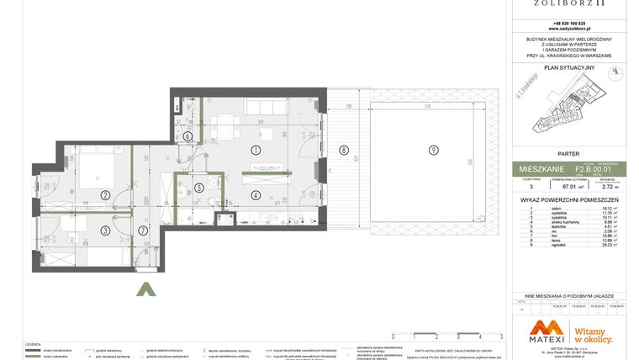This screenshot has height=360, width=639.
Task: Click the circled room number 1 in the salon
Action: [x=255, y=149]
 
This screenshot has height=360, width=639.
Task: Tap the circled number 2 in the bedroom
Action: [x=105, y=195]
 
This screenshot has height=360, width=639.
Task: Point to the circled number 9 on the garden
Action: [x=432, y=151]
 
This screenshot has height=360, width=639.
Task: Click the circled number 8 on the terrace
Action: [x=343, y=151]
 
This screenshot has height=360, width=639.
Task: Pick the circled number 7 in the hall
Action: [x=143, y=230]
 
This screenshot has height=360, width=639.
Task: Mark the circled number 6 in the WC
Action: [x=187, y=135]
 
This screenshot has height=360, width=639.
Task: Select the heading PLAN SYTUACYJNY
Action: [x=569, y=66]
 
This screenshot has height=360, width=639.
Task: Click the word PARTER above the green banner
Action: [x=569, y=154]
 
